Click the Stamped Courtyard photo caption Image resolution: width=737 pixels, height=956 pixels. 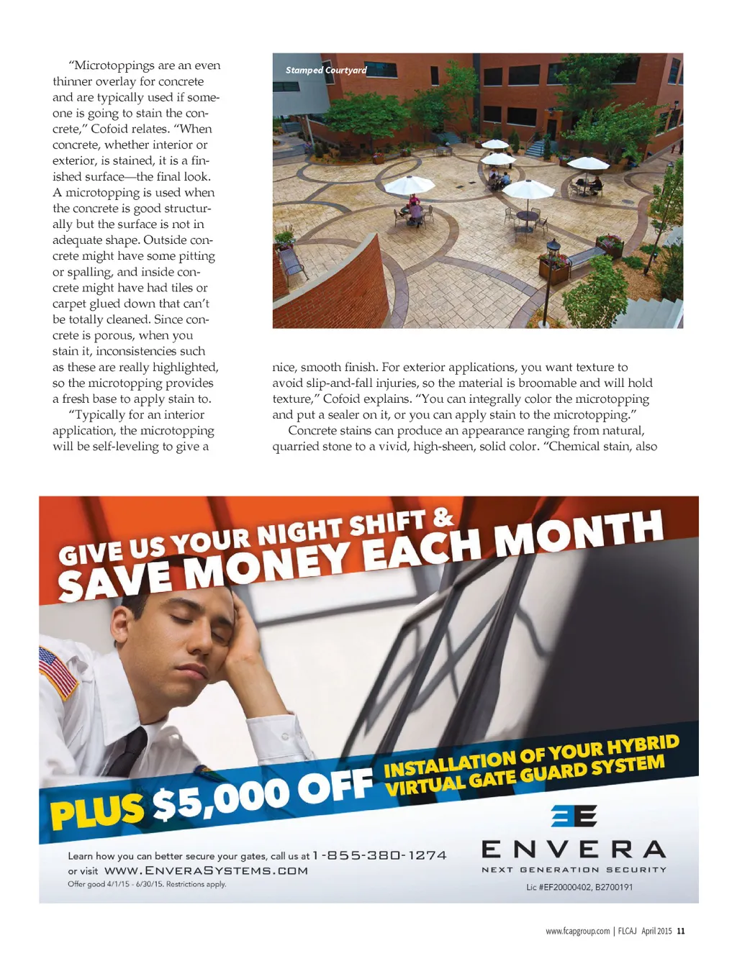coord(326,70)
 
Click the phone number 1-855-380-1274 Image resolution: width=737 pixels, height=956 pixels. coord(379,855)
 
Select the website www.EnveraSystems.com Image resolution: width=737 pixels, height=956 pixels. coord(206,870)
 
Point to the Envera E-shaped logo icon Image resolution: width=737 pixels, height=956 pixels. coord(574,816)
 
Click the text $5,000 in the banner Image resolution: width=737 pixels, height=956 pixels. coord(220,799)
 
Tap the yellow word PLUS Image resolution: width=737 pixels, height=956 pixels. coord(96,811)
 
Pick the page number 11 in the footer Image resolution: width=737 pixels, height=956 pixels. coord(681,931)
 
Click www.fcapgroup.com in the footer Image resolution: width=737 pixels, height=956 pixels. coord(577,931)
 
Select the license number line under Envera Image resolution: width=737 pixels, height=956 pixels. coord(579,887)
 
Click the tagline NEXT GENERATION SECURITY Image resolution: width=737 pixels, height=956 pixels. coord(574,870)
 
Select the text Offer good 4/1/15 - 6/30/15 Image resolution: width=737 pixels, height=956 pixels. coord(115,884)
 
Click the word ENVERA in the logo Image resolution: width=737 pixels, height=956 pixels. coord(574,850)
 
